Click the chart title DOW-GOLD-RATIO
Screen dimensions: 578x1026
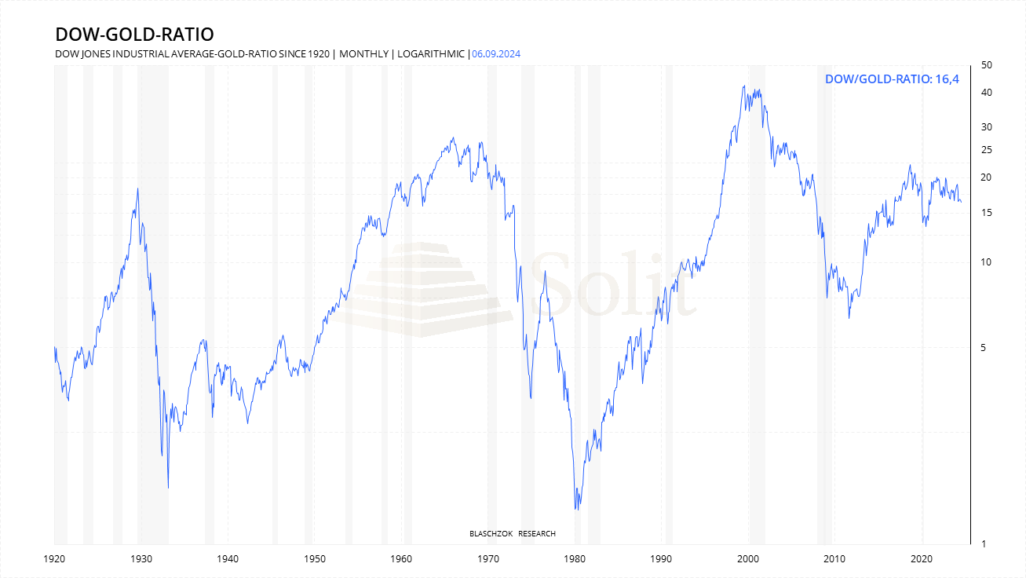(x=134, y=35)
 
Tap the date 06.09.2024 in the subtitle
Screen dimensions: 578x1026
(x=496, y=54)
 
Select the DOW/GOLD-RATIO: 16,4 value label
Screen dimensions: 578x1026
(x=893, y=79)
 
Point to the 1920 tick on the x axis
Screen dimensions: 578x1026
(x=54, y=559)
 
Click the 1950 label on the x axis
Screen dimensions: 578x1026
(x=314, y=559)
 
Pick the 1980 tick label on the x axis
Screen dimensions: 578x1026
(x=575, y=559)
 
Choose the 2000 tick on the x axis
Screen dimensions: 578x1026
(x=748, y=559)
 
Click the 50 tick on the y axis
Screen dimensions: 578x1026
(x=987, y=65)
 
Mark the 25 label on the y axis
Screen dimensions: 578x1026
(x=987, y=150)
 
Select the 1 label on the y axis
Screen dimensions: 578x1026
(x=984, y=544)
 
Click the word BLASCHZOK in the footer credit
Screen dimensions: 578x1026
(x=491, y=534)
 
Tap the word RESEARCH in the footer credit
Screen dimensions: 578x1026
(x=537, y=534)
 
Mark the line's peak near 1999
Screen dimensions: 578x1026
(x=743, y=86)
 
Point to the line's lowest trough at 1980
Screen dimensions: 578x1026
(x=575, y=510)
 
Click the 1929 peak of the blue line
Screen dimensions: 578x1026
(x=138, y=188)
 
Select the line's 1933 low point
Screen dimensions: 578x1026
(x=168, y=488)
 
